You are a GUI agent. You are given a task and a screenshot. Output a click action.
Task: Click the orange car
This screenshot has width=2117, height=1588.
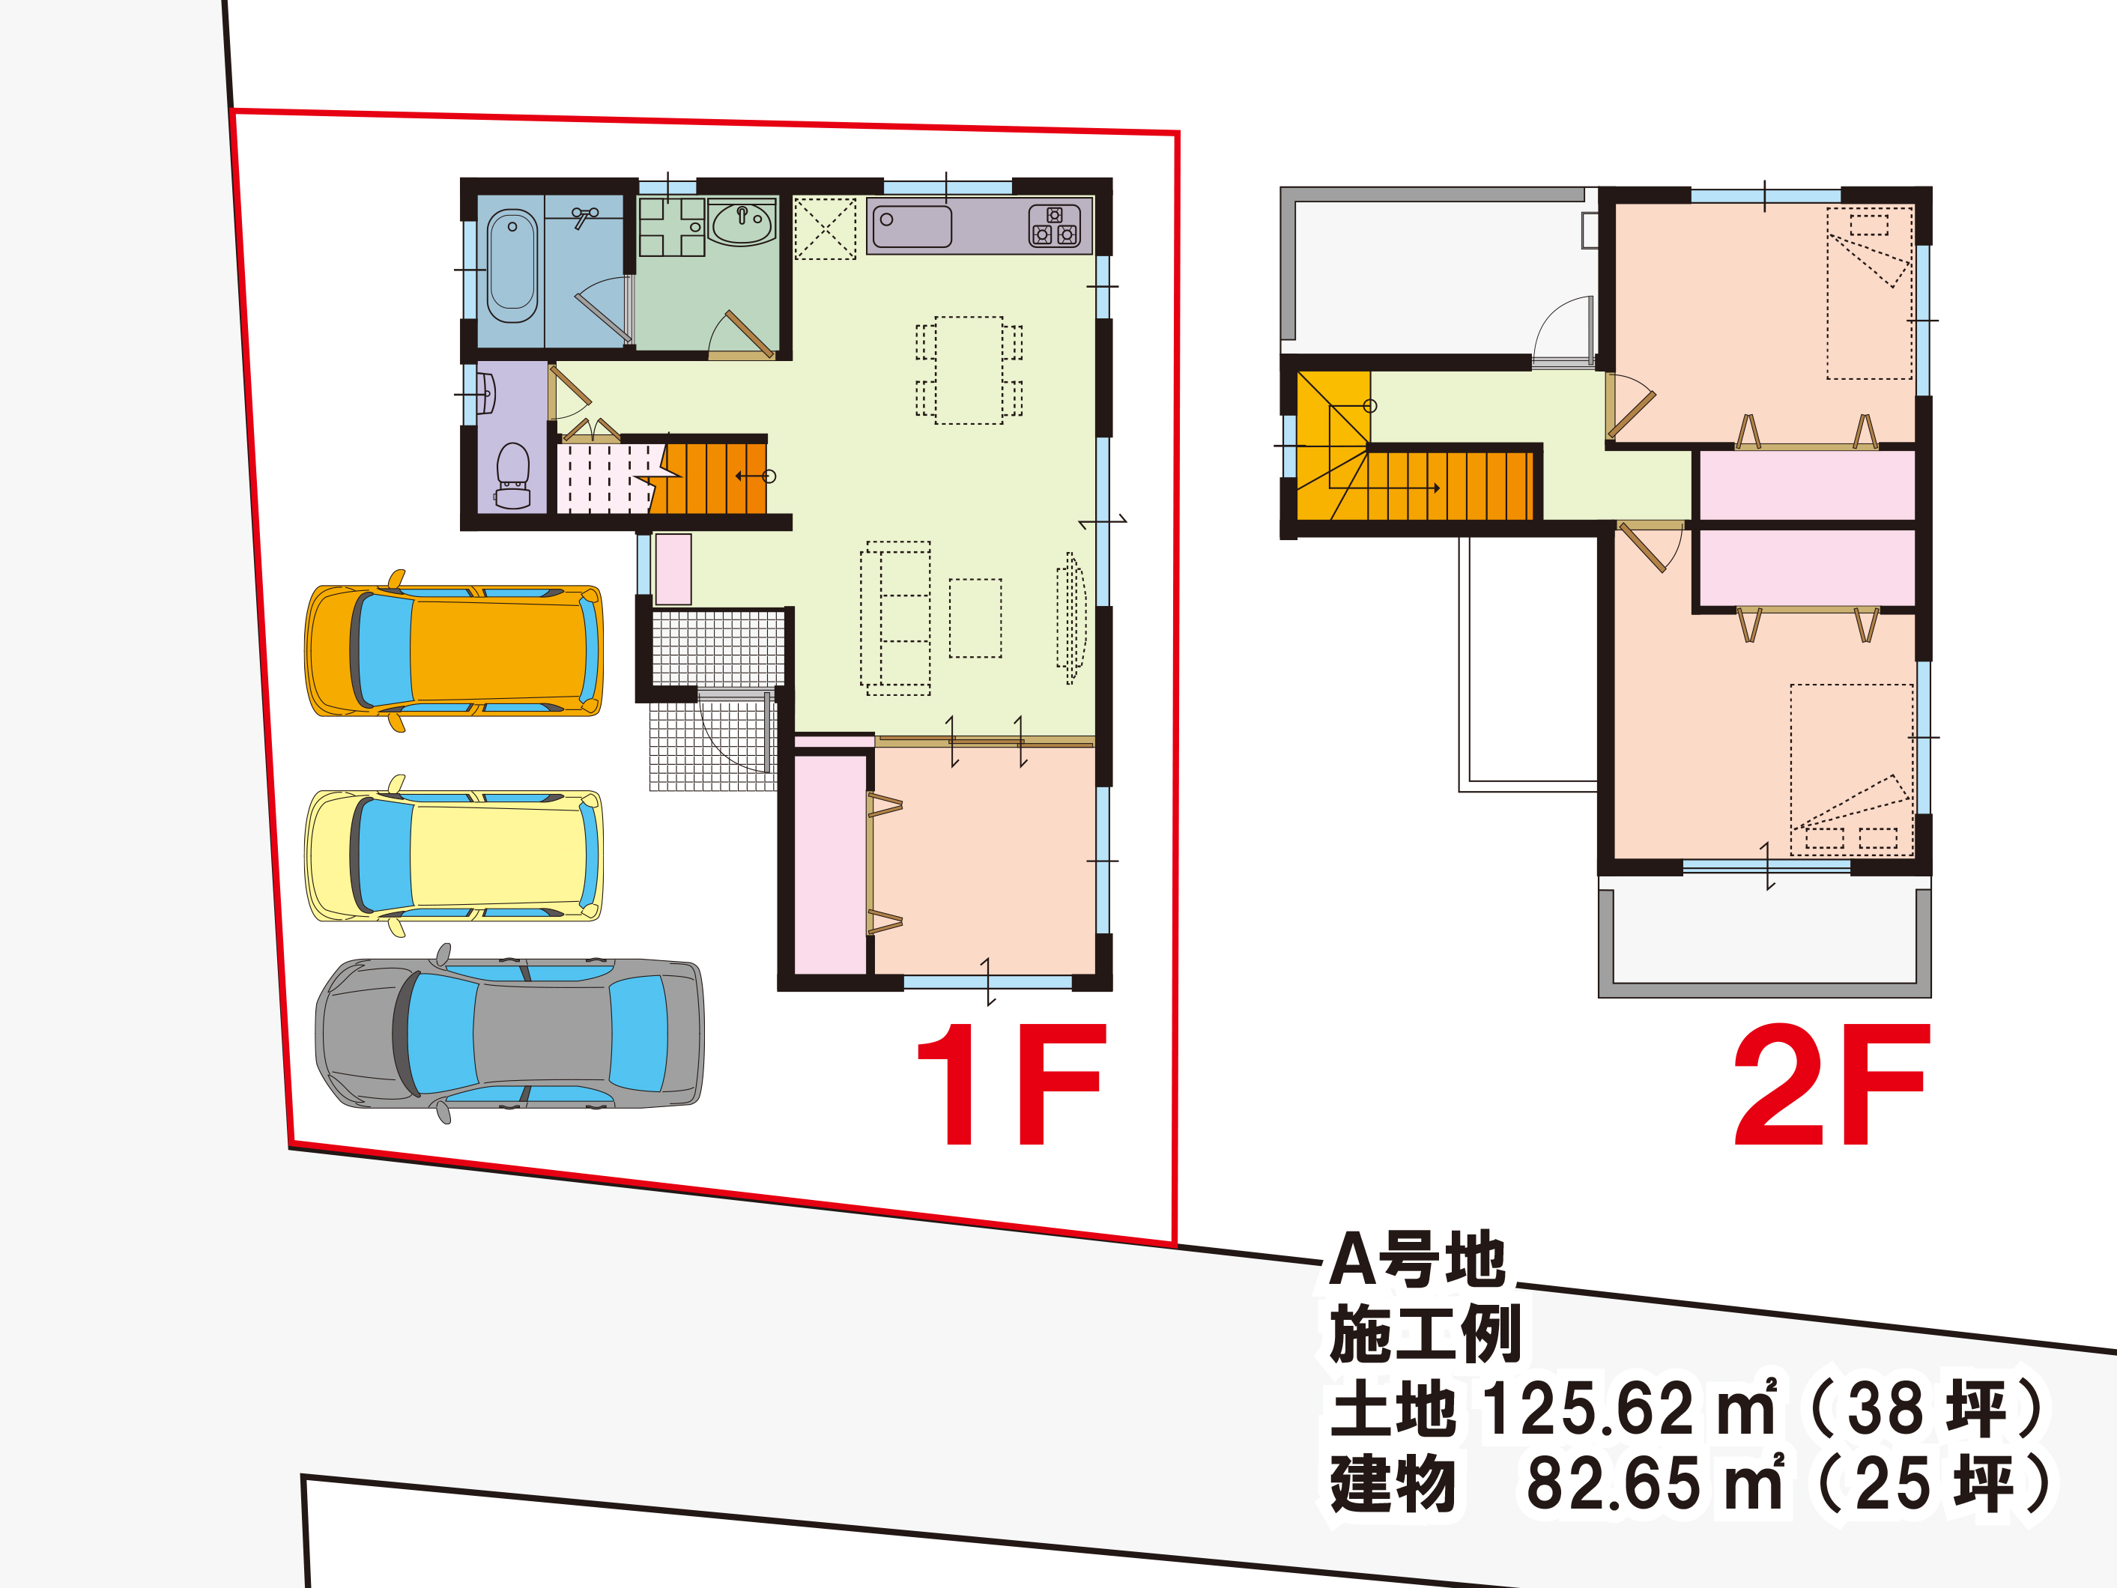point(454,651)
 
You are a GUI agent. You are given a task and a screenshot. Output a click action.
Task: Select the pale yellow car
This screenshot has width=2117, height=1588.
point(454,855)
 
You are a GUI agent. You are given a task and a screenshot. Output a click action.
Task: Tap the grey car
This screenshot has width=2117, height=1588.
point(510,1034)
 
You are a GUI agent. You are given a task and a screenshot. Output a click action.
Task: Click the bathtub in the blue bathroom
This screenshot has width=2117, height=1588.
point(512,266)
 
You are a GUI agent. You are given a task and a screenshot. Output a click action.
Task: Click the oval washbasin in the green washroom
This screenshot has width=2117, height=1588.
point(742,223)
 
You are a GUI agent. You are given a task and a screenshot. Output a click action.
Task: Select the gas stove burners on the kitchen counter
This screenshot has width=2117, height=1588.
point(1054,227)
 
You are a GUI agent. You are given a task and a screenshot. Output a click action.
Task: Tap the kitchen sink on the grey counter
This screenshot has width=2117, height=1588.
point(912,227)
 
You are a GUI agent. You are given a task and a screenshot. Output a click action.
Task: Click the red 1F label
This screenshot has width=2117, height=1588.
point(1011,1084)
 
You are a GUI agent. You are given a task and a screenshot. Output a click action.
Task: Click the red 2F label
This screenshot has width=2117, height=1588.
point(1831,1084)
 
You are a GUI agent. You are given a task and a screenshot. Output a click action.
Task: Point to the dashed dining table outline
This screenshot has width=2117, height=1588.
point(969,371)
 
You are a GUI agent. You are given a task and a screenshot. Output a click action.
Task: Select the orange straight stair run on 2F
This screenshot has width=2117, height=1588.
point(1451,485)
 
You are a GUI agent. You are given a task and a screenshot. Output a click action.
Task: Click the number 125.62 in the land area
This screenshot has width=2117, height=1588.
point(1587,1409)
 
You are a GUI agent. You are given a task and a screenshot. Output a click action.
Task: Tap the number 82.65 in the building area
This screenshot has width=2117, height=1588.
point(1614,1485)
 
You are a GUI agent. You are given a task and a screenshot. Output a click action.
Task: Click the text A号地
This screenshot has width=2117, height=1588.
point(1417,1260)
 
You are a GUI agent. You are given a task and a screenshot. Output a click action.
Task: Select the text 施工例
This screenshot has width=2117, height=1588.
point(1425,1333)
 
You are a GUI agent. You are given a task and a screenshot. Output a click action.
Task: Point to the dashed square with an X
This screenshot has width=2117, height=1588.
point(825,228)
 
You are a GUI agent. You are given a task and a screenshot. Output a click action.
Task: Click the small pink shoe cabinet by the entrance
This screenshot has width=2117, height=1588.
point(673,569)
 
